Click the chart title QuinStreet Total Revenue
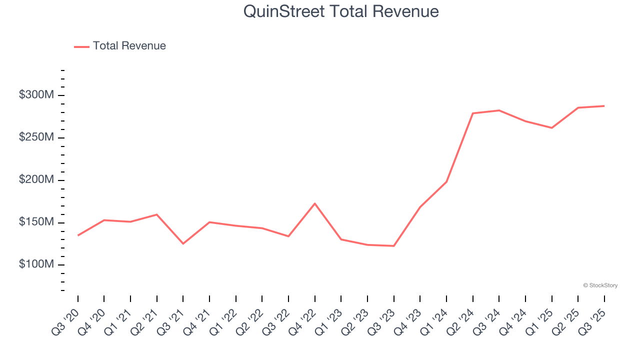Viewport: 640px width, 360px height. click(341, 11)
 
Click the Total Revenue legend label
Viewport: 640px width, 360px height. click(129, 46)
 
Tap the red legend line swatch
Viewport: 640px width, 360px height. click(81, 46)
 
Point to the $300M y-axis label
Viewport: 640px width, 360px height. click(36, 95)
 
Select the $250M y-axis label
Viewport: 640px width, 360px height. click(36, 137)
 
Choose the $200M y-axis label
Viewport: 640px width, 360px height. click(36, 180)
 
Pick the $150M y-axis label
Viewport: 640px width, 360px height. click(36, 222)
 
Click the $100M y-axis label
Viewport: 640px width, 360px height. click(36, 264)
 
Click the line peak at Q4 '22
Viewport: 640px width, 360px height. click(315, 203)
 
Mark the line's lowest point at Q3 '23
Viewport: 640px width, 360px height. click(394, 245)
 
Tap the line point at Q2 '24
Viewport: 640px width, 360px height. click(473, 113)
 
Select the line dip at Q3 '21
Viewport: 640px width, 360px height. click(183, 243)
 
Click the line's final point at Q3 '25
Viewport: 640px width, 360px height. click(604, 106)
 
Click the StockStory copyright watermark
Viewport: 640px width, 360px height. click(600, 285)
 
